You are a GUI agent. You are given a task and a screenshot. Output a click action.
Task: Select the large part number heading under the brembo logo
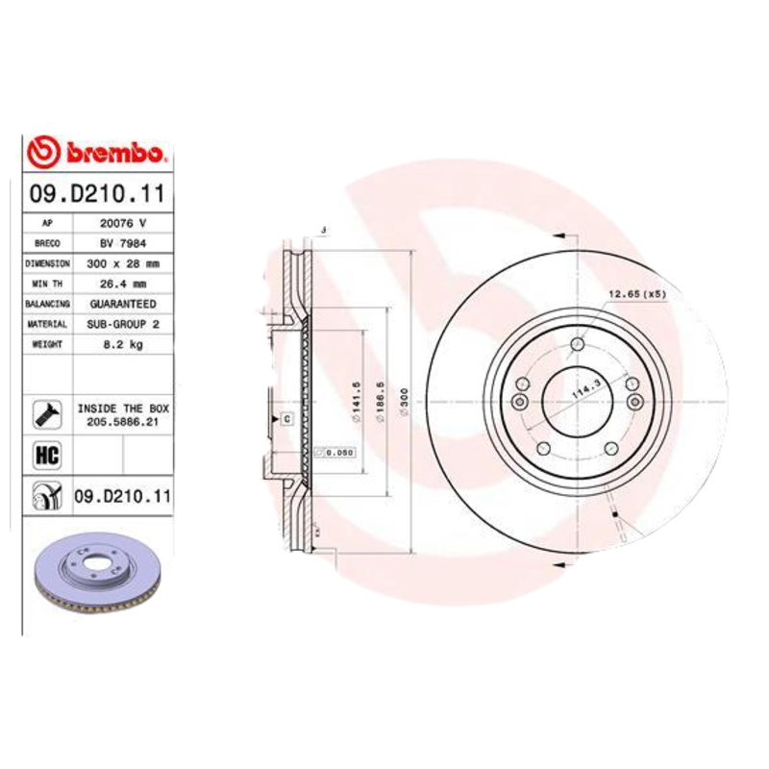click(x=97, y=194)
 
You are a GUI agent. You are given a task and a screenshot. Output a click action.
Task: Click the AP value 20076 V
click(x=123, y=222)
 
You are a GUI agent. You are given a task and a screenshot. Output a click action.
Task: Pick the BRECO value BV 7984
click(x=123, y=243)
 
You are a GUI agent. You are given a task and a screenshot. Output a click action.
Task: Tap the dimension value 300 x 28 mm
click(x=123, y=262)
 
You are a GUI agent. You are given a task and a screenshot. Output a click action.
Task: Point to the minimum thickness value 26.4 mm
click(x=123, y=284)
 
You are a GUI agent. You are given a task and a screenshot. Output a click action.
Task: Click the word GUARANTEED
click(x=123, y=304)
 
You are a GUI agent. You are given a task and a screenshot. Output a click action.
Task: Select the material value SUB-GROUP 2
click(x=123, y=325)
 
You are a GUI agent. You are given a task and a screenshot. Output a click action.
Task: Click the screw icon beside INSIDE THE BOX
click(x=46, y=414)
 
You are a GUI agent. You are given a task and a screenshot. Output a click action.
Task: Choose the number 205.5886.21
click(x=123, y=421)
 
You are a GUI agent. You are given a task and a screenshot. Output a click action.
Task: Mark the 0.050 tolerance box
click(x=337, y=452)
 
